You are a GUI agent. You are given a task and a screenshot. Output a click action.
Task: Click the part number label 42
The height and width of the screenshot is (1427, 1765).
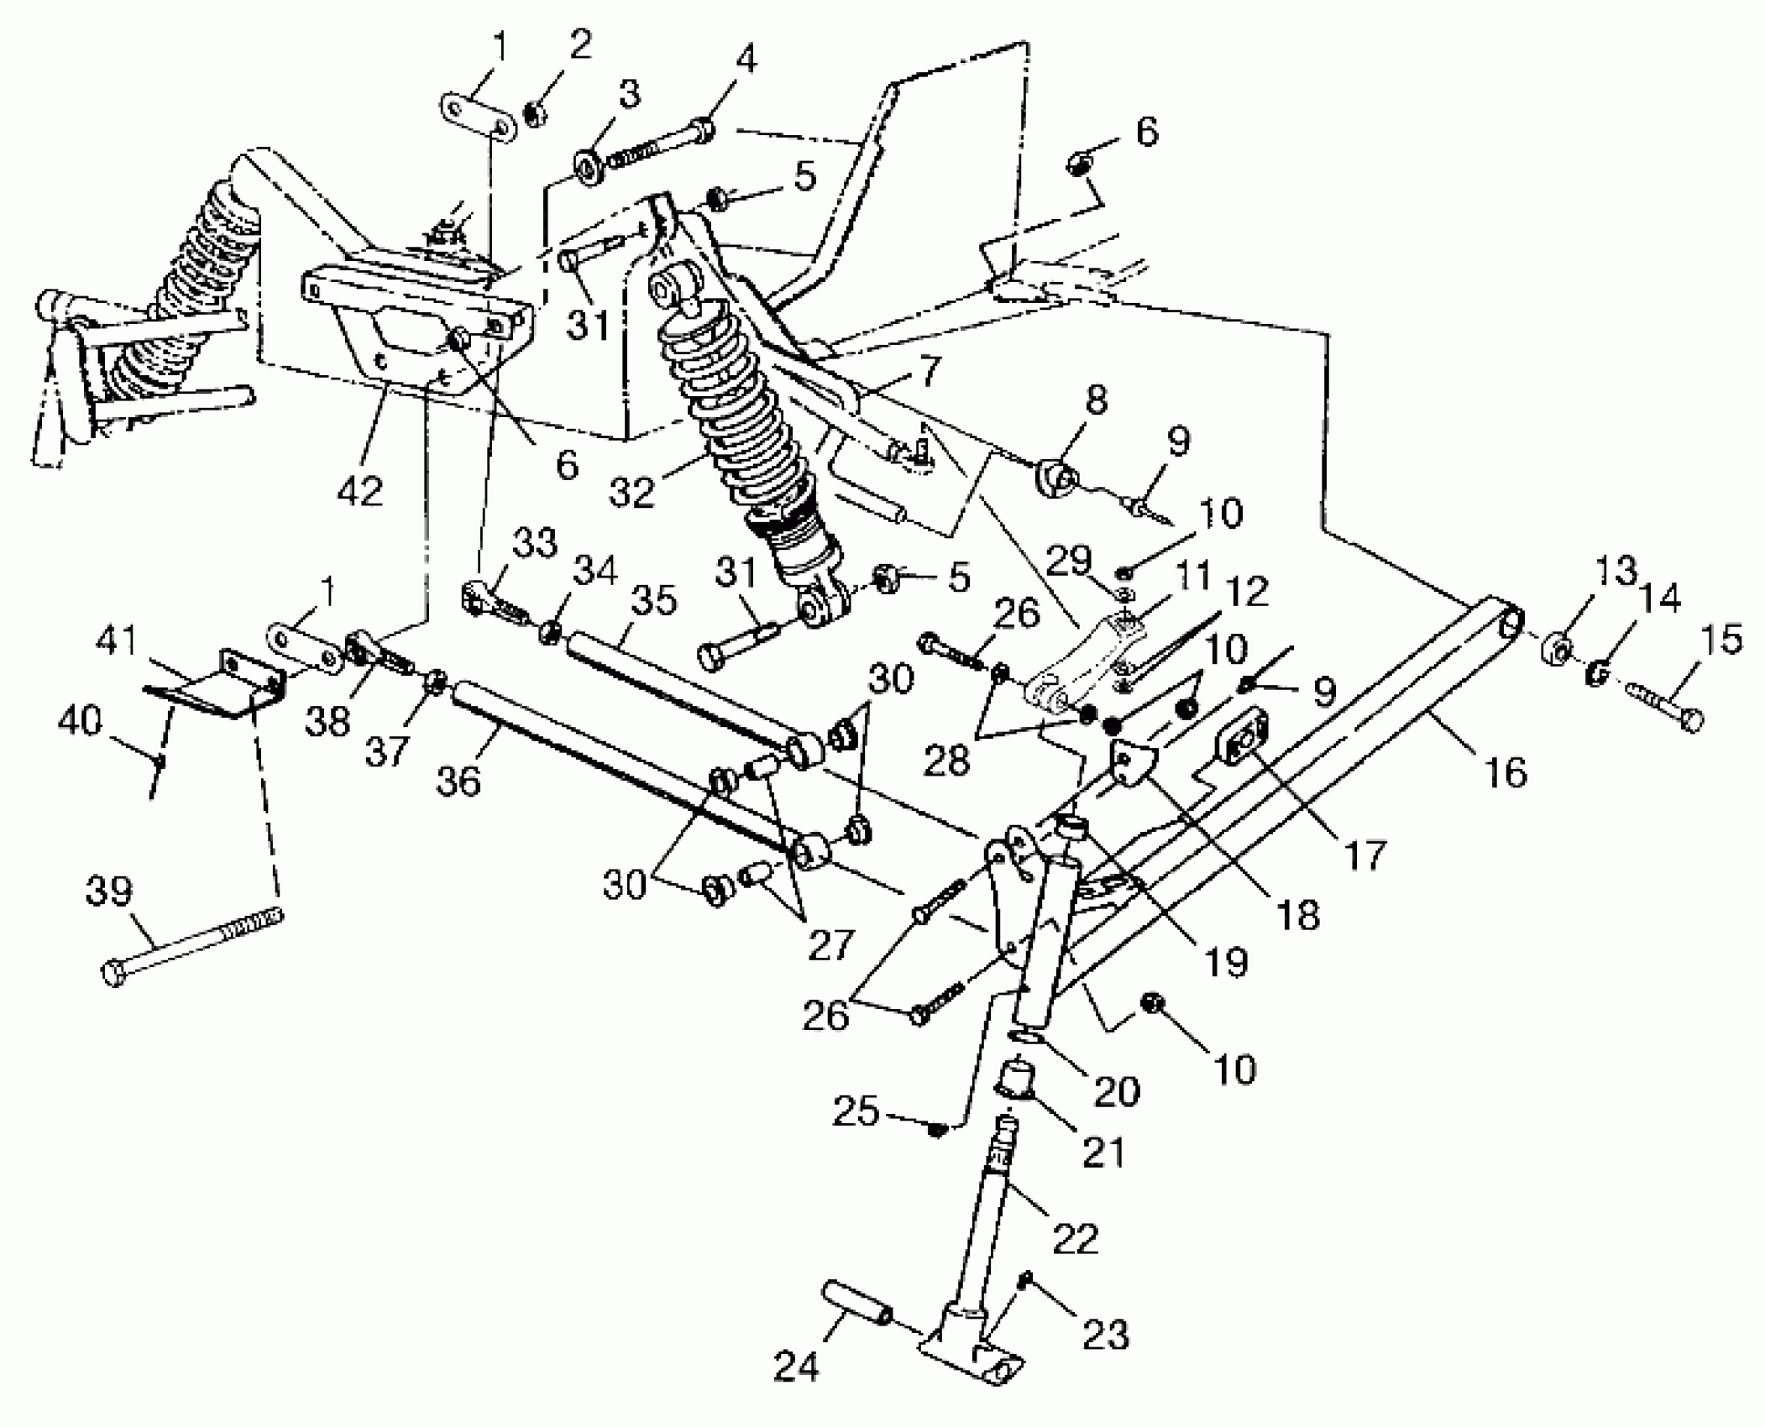(x=360, y=490)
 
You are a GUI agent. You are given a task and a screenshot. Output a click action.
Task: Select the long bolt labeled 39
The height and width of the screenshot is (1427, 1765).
(x=193, y=946)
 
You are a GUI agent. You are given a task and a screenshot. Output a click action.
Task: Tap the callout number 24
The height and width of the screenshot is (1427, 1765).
(x=795, y=1367)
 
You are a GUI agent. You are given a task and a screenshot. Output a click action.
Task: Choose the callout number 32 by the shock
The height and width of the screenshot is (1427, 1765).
(x=631, y=491)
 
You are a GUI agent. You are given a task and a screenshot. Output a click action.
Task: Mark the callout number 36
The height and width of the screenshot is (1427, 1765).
(x=458, y=780)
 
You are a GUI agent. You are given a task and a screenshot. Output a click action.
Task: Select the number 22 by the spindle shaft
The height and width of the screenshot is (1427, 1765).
(x=1075, y=1237)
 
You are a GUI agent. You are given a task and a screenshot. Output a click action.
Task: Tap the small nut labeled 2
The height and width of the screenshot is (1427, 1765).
(x=532, y=112)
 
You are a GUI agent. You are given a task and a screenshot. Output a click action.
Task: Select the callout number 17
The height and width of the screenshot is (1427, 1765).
(x=1364, y=855)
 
